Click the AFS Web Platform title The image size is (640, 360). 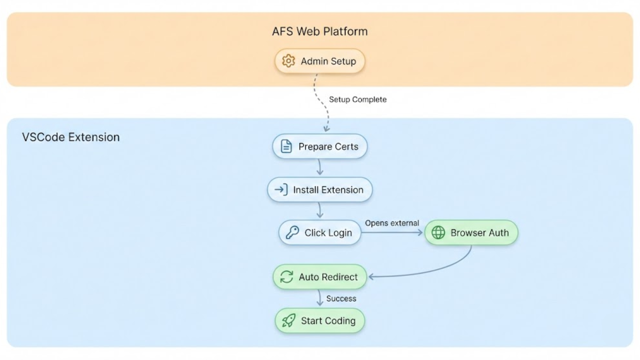[x=320, y=31]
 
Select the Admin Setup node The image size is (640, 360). [x=328, y=61]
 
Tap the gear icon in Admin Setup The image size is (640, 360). [x=288, y=61]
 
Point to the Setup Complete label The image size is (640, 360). [x=358, y=99]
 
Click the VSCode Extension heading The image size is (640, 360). [x=71, y=137]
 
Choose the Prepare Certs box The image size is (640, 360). [x=328, y=146]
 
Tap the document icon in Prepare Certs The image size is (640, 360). [x=286, y=146]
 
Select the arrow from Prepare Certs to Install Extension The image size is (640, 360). [x=320, y=167]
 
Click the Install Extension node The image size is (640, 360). [x=328, y=190]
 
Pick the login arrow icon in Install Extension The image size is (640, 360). [x=281, y=190]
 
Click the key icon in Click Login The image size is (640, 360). [x=292, y=232]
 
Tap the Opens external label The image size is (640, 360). [x=392, y=223]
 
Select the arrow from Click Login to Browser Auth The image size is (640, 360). [x=392, y=232]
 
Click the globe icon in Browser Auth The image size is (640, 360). [x=438, y=232]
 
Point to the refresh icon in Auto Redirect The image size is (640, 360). [x=286, y=277]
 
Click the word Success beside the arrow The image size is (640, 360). [x=341, y=298]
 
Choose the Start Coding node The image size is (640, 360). [x=328, y=321]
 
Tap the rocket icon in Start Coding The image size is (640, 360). [x=288, y=321]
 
